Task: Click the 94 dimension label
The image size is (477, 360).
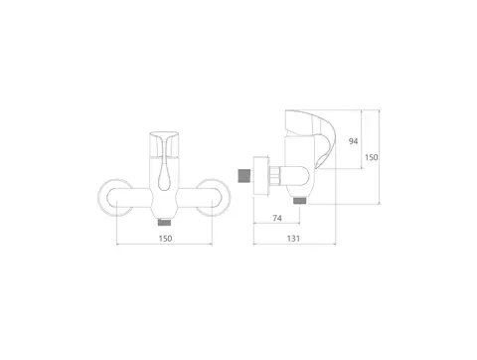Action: tap(353, 141)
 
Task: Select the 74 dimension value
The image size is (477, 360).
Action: tap(277, 218)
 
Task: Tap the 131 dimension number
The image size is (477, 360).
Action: tap(293, 239)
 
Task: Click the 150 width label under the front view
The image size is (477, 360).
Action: tap(165, 239)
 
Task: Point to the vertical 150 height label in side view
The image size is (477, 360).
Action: tap(372, 157)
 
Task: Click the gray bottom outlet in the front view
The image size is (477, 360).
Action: tap(164, 222)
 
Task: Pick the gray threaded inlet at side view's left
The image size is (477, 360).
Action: tap(244, 176)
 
